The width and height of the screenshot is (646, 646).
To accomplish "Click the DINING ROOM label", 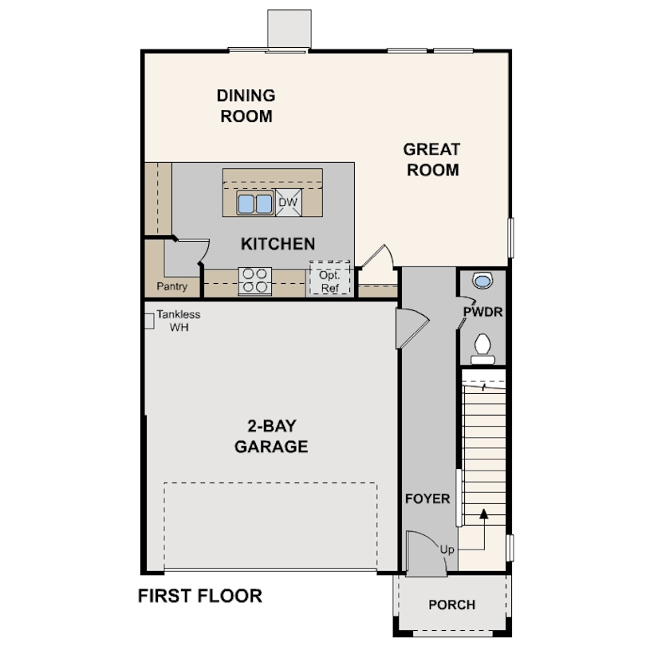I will tap(246, 106).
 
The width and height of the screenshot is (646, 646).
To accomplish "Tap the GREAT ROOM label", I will tap(431, 160).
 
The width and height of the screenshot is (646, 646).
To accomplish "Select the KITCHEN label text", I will tap(278, 244).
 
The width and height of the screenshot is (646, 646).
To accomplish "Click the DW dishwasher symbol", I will tap(288, 203).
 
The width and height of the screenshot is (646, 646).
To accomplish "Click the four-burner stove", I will tap(255, 281).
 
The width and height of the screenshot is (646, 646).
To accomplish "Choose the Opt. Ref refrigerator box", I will tap(330, 278).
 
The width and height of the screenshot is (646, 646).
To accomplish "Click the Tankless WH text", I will tap(179, 321).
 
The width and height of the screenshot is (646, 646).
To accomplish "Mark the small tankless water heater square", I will tap(148, 321).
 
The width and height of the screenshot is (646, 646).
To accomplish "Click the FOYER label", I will tap(427, 499).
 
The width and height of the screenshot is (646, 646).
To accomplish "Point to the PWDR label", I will tap(483, 312).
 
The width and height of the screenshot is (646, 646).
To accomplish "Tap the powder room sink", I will tap(482, 281).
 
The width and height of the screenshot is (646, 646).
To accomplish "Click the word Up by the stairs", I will tap(447, 549).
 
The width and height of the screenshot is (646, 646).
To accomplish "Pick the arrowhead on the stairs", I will tap(483, 514).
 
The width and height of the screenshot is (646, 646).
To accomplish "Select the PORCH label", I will tap(451, 605).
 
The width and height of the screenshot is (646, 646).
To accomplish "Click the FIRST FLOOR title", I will tap(200, 596).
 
